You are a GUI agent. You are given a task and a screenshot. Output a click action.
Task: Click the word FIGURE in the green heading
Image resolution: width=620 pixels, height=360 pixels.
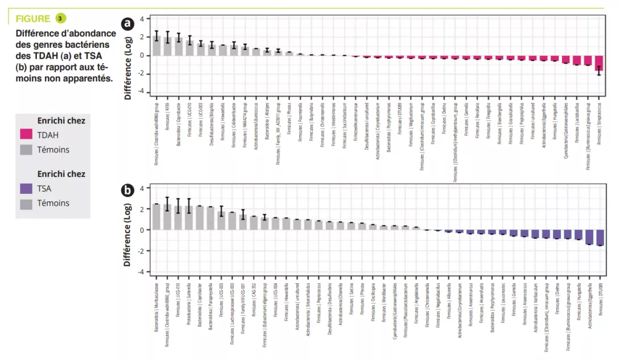click(x=33, y=19)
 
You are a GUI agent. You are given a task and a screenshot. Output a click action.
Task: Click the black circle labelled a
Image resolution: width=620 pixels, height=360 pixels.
click(x=128, y=23)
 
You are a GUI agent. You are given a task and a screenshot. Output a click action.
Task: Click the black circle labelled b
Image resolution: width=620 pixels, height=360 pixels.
click(x=128, y=190)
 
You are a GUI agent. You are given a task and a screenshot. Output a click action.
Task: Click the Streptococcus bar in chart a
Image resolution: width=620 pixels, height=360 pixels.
click(x=599, y=63)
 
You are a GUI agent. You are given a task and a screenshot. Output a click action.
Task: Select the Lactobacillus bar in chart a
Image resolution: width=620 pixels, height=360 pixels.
click(x=577, y=60)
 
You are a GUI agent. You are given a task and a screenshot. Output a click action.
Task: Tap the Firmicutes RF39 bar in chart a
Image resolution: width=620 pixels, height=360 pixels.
click(x=168, y=47)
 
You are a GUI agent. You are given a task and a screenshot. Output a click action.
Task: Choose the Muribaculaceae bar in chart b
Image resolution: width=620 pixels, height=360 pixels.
click(x=156, y=217)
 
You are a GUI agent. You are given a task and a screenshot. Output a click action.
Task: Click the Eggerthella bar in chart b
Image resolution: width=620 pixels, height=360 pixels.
click(x=590, y=237)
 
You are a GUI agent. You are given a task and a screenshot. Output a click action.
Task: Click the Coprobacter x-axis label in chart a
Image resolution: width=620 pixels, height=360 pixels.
click(x=179, y=118)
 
